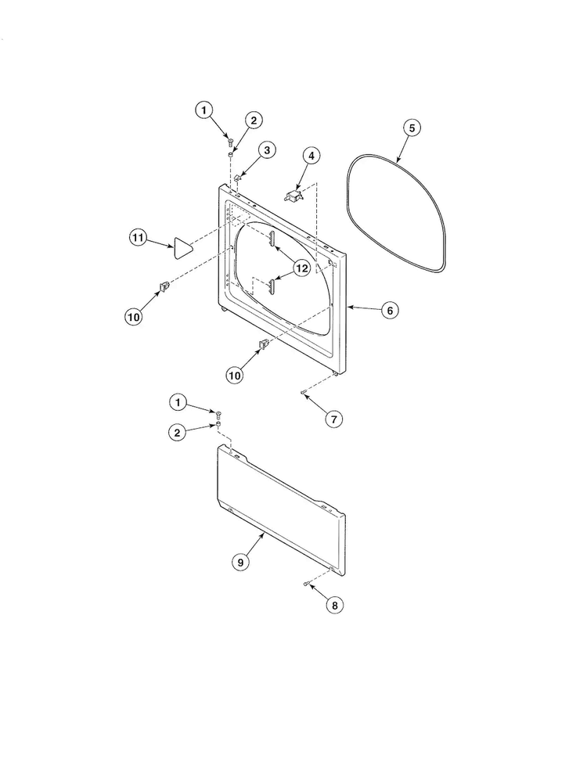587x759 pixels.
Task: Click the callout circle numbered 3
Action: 268,149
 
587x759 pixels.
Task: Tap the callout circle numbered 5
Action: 412,128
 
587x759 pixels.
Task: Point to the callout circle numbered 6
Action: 389,310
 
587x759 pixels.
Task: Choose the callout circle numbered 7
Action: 333,419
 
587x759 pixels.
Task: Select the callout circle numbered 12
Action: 303,268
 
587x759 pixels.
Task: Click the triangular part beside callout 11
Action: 182,246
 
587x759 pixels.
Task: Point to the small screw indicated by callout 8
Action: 304,584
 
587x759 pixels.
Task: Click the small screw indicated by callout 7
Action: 302,394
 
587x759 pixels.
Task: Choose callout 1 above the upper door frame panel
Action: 203,111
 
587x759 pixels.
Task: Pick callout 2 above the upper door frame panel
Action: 253,120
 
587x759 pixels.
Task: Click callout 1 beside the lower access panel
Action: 178,402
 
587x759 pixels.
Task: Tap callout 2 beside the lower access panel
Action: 178,432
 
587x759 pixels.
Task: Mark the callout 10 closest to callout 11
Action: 134,317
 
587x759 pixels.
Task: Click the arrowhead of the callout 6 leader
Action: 348,308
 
